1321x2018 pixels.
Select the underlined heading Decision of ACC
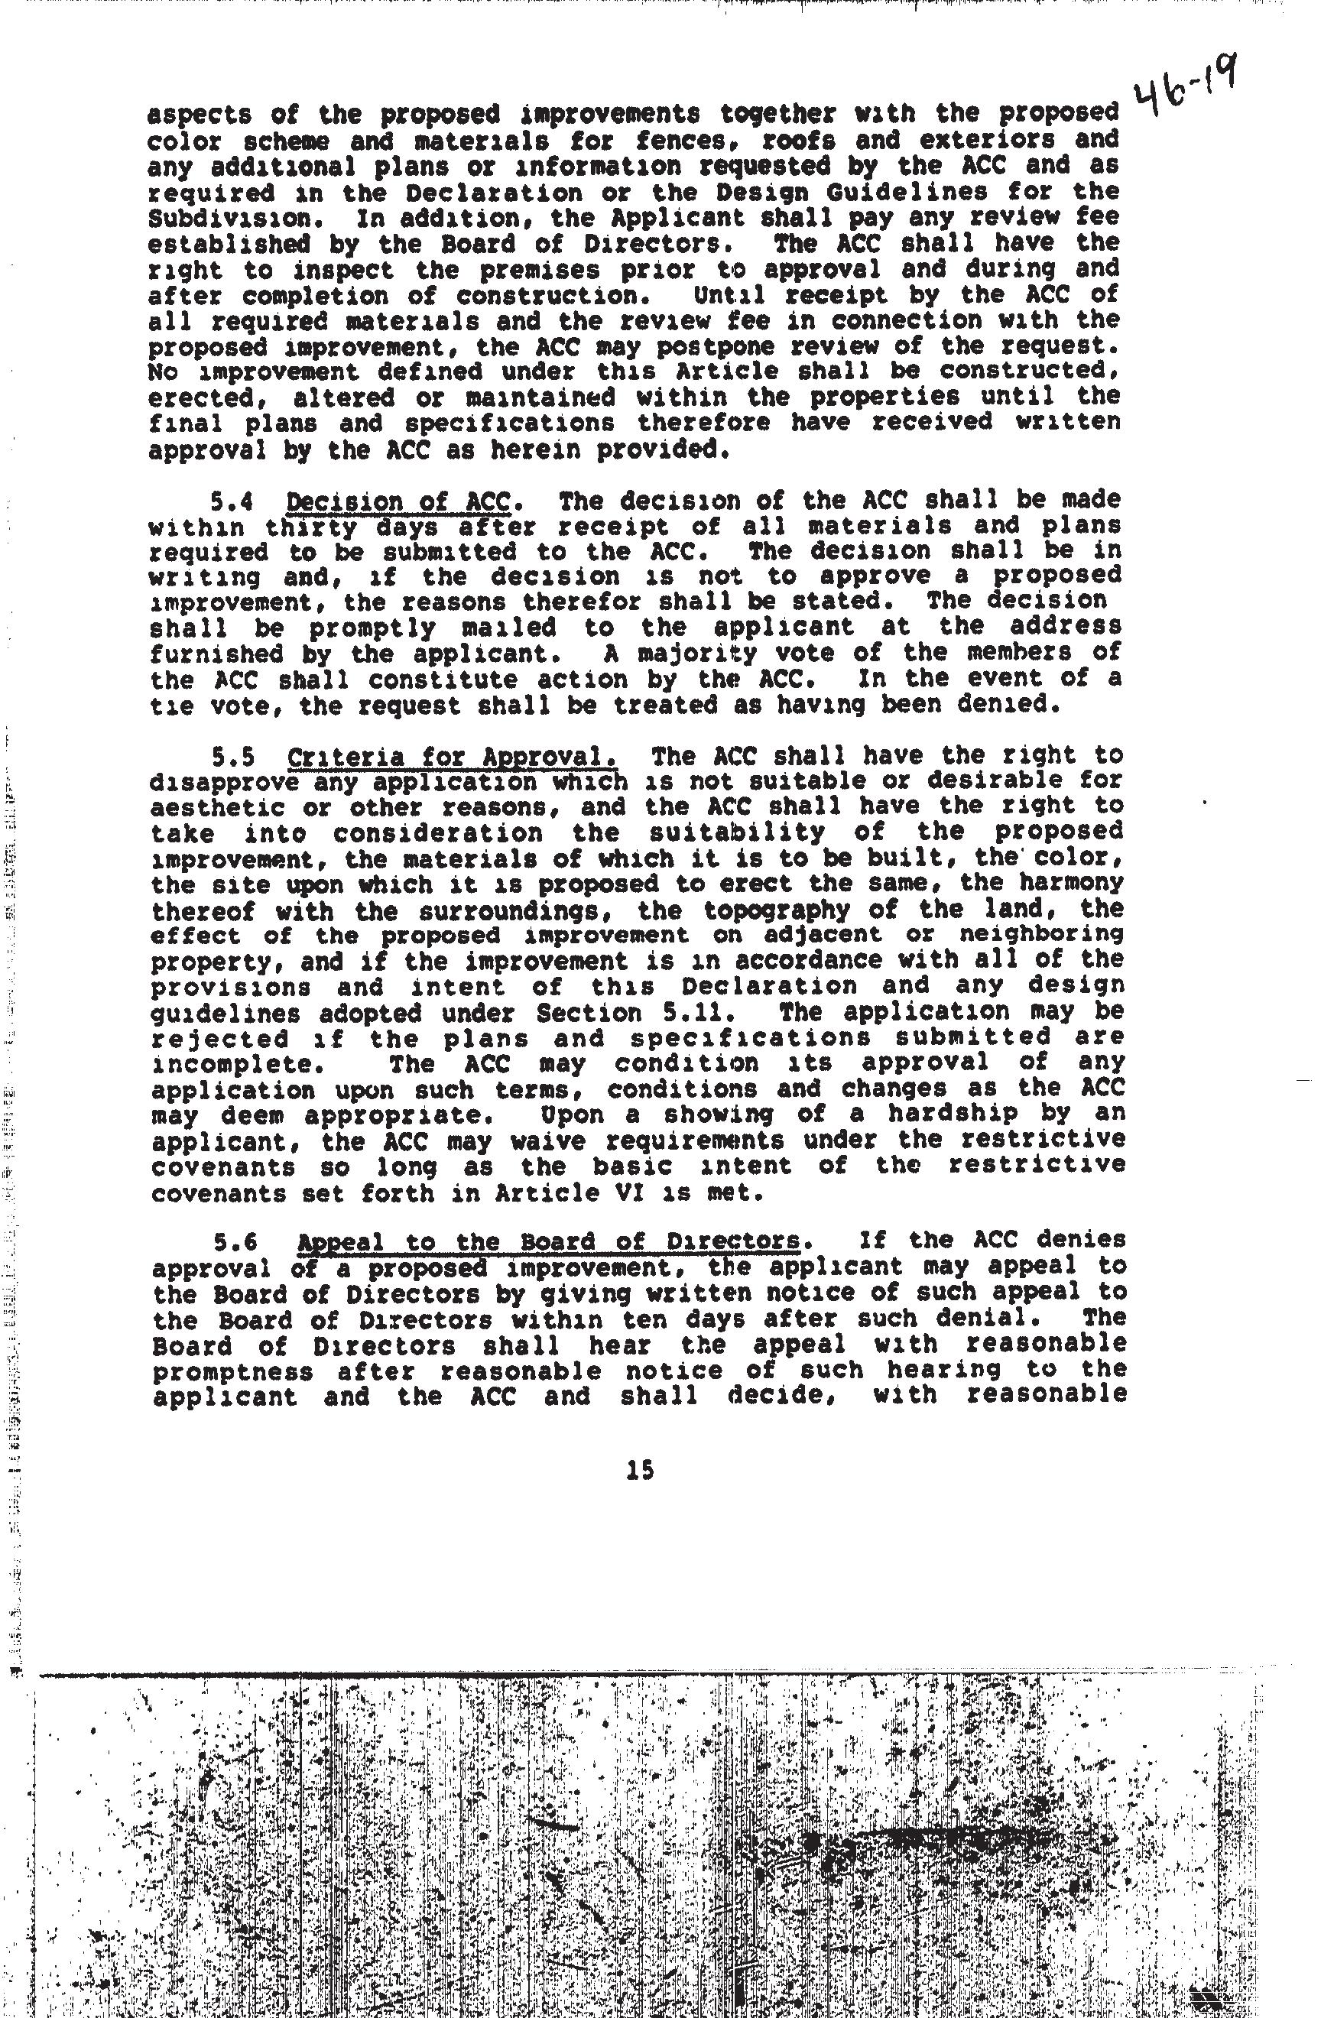[x=397, y=502]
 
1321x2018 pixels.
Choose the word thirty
[x=305, y=527]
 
